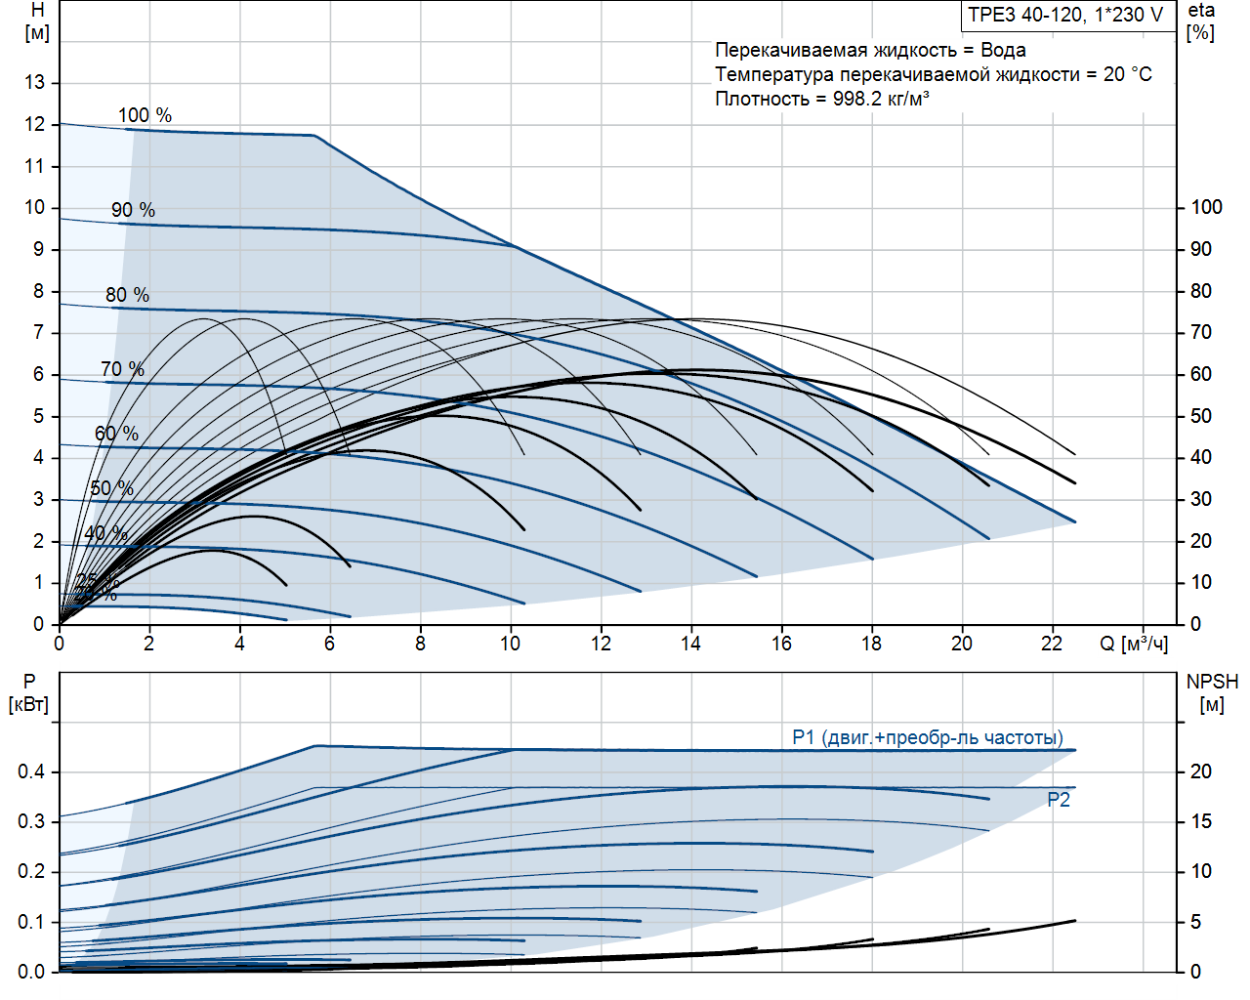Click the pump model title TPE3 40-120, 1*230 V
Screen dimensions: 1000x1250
tap(1065, 15)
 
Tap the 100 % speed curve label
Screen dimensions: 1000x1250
tap(145, 115)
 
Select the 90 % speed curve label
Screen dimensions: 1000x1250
tap(133, 210)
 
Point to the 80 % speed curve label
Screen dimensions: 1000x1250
tap(127, 295)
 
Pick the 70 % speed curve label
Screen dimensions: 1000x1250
tap(122, 369)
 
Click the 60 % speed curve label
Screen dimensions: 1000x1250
tap(116, 434)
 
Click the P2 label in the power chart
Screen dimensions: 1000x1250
tap(1059, 800)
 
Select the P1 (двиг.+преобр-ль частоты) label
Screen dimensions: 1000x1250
tap(928, 737)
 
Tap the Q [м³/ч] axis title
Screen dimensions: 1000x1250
tap(1134, 644)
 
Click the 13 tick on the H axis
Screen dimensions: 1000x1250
tap(35, 83)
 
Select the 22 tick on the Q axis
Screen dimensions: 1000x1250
tap(1052, 644)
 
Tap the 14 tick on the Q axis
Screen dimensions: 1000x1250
tap(691, 644)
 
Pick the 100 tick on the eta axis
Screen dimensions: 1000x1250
tap(1206, 207)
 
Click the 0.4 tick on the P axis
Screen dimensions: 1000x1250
tap(31, 772)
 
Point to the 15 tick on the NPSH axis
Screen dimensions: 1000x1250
tap(1200, 822)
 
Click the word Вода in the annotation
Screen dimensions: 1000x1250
tap(1003, 50)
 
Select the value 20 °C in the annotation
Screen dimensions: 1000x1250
tap(1128, 74)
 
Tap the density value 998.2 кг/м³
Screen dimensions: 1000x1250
tap(881, 99)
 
